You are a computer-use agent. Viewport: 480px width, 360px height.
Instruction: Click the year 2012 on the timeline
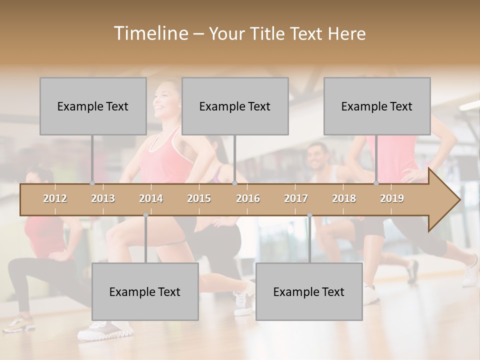pyautogui.click(x=55, y=198)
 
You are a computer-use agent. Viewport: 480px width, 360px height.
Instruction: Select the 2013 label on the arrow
pyautogui.click(x=103, y=198)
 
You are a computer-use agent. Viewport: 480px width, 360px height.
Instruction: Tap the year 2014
pyautogui.click(x=151, y=198)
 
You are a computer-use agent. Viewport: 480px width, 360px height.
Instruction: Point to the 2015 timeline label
pyautogui.click(x=199, y=198)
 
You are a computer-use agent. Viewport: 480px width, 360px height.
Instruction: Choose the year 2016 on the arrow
pyautogui.click(x=248, y=198)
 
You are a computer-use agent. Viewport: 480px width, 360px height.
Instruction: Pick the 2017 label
pyautogui.click(x=296, y=198)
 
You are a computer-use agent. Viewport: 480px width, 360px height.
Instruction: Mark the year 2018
pyautogui.click(x=344, y=198)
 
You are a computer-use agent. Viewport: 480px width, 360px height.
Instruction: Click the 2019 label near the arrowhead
pyautogui.click(x=392, y=198)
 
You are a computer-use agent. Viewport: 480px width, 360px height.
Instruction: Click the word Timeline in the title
pyautogui.click(x=150, y=33)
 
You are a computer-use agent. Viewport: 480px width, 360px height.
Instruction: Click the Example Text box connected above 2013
pyautogui.click(x=93, y=106)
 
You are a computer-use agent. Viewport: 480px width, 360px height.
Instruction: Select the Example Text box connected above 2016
pyautogui.click(x=235, y=106)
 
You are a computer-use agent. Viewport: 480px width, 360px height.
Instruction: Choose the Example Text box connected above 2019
pyautogui.click(x=377, y=106)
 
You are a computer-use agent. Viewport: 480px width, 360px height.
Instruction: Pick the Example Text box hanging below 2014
pyautogui.click(x=145, y=291)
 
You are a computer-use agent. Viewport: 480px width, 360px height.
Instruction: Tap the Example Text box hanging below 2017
pyautogui.click(x=309, y=291)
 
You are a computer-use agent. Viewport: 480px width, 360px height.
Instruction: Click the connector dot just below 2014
pyautogui.click(x=145, y=215)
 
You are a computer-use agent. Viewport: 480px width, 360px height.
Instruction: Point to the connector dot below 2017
pyautogui.click(x=309, y=215)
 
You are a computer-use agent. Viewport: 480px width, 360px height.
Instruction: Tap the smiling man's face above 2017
pyautogui.click(x=317, y=157)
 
